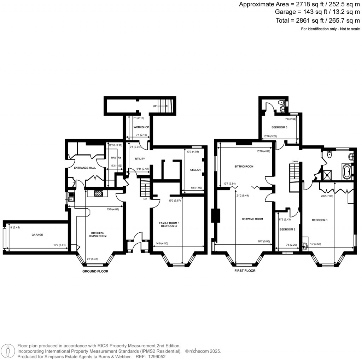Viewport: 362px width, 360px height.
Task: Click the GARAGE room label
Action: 37,234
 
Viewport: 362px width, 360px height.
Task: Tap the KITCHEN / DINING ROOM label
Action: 99,234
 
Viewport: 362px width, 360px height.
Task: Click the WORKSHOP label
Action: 141,127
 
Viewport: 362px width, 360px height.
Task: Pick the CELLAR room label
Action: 195,170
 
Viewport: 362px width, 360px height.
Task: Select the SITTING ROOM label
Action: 244,166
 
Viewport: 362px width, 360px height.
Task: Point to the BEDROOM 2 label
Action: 287,230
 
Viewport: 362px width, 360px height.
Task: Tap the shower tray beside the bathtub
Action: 331,173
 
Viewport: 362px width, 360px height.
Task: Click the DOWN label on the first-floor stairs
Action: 294,162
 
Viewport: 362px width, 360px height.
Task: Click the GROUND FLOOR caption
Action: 95,271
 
